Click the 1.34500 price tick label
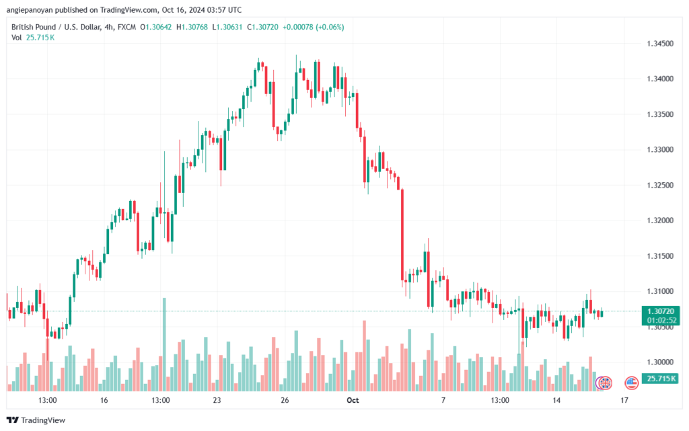660,44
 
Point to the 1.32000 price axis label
660,221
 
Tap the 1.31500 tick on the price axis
660,256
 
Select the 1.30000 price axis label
660,362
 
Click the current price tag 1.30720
661,311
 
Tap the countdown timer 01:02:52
661,320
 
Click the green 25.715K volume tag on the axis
661,379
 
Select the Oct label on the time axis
353,400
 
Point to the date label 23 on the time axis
217,400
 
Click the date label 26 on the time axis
285,400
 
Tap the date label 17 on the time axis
624,400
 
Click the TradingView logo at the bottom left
36,420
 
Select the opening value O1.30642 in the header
156,27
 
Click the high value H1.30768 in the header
192,27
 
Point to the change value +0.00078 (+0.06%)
314,27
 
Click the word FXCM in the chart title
126,27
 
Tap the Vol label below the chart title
17,38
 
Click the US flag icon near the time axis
631,383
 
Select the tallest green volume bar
164,344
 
